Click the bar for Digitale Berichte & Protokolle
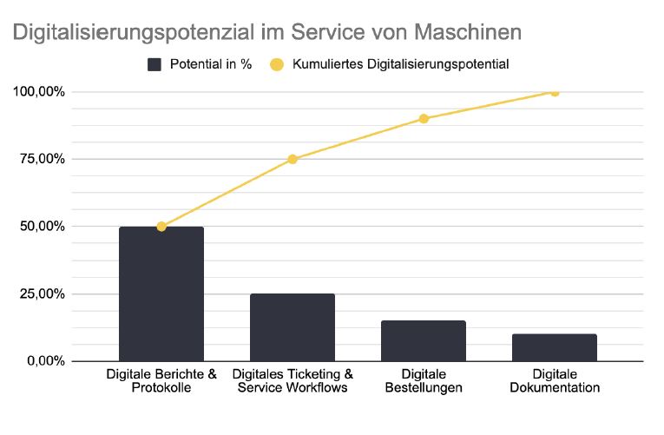click(x=161, y=293)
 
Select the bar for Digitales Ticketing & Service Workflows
click(x=293, y=327)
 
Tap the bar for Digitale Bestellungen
click(x=424, y=340)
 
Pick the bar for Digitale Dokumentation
click(x=555, y=347)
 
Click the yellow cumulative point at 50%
click(x=161, y=227)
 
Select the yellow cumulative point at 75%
click(x=293, y=159)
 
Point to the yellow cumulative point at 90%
click(x=424, y=119)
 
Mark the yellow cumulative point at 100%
click(x=555, y=92)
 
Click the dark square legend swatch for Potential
click(x=155, y=64)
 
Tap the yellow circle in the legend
click(x=277, y=64)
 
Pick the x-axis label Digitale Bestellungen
click(x=424, y=381)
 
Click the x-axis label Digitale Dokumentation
click(x=555, y=381)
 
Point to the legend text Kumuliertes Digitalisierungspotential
click(x=400, y=64)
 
